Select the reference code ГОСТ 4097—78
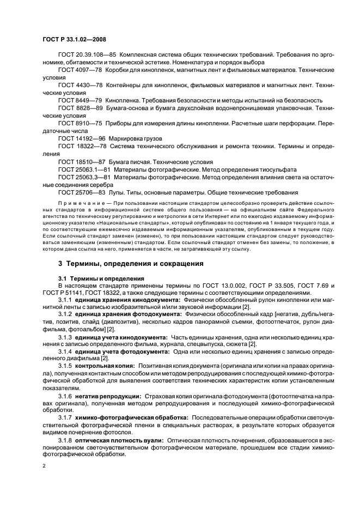(77, 70)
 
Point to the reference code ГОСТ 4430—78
(77, 86)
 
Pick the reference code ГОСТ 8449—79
(77, 101)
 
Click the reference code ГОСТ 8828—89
(77, 108)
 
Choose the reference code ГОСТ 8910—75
(77, 124)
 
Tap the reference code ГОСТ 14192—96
(79, 139)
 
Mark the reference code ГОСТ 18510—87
(80, 162)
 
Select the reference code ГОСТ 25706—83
(80, 192)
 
